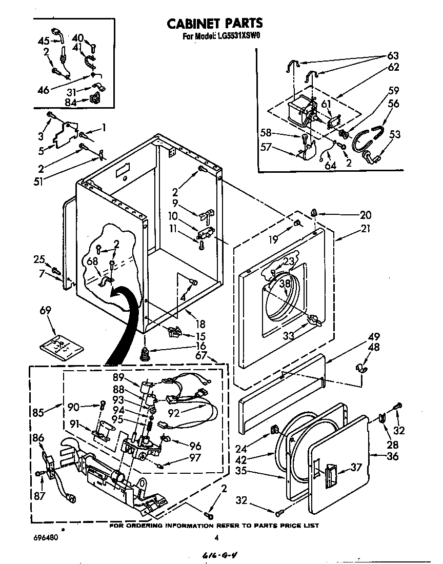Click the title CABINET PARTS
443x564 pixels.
tap(215, 23)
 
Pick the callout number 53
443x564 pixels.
tap(394, 135)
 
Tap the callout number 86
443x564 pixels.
tap(38, 438)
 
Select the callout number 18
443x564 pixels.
tap(200, 324)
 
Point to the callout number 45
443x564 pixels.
tap(44, 42)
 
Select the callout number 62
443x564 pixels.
tap(393, 67)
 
